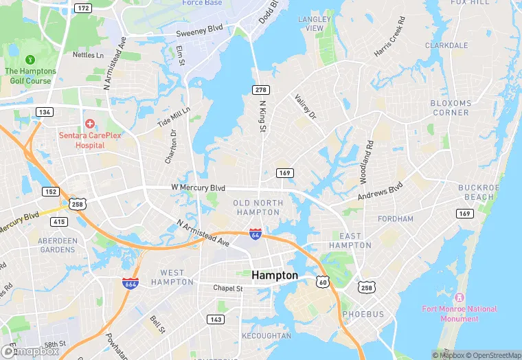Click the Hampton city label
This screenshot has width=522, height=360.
click(275, 275)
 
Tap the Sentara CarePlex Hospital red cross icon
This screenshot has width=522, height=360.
click(89, 124)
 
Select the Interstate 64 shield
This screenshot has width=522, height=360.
click(255, 234)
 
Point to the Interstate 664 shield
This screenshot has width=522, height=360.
click(130, 283)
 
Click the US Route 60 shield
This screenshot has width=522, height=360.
click(322, 282)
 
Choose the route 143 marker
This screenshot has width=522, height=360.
click(216, 319)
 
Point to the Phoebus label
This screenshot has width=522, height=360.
click(363, 314)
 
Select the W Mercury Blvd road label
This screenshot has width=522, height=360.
click(198, 188)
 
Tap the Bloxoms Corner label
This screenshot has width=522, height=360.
click(450, 108)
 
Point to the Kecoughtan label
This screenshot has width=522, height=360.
click(266, 336)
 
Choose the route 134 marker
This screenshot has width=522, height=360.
click(45, 111)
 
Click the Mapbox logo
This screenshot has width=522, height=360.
click(30, 351)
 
